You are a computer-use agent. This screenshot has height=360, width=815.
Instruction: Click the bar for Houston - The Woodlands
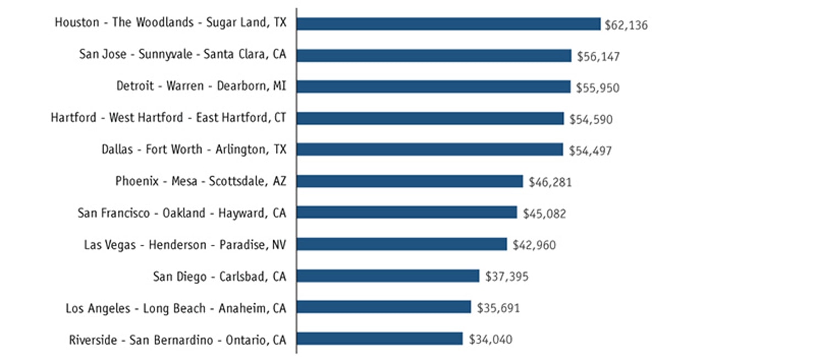448,24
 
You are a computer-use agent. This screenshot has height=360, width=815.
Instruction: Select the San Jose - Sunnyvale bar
434,56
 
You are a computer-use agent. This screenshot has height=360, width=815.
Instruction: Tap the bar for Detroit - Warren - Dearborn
433,87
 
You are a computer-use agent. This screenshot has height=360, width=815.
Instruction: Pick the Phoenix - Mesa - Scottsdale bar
409,181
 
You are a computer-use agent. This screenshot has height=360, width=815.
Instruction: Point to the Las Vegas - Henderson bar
401,244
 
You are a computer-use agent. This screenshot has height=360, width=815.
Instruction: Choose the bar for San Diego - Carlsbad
388,276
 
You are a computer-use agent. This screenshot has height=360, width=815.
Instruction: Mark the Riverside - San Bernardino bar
379,339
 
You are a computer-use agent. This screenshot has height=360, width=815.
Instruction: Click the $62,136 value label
626,25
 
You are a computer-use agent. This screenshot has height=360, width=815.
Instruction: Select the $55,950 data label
597,88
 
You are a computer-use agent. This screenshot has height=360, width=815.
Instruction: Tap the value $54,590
591,119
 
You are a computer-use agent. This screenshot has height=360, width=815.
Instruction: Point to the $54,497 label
590,151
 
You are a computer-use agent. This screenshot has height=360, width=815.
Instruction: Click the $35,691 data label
498,308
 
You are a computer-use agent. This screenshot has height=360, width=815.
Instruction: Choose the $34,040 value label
490,340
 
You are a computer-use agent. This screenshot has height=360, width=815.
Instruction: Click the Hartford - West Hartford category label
169,118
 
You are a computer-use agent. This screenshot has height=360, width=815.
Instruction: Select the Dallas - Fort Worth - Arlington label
194,149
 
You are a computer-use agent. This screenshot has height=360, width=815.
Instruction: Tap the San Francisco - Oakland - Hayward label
182,213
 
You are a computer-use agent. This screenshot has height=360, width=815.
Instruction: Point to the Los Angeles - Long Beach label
176,308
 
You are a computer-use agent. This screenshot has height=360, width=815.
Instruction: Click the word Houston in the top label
77,23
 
